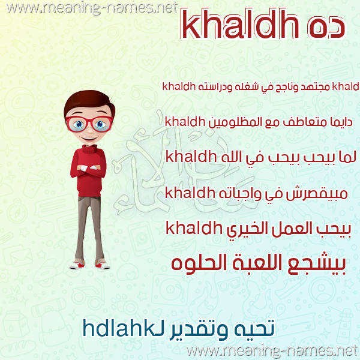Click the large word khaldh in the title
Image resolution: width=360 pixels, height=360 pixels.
point(240,23)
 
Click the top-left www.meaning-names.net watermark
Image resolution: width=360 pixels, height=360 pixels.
point(92,8)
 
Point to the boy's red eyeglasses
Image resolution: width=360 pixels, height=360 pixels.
point(89,124)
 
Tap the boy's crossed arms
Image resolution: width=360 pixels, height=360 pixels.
point(88,168)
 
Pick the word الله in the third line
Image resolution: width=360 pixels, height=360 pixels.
point(232,157)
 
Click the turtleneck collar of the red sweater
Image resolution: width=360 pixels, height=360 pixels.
point(90,149)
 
